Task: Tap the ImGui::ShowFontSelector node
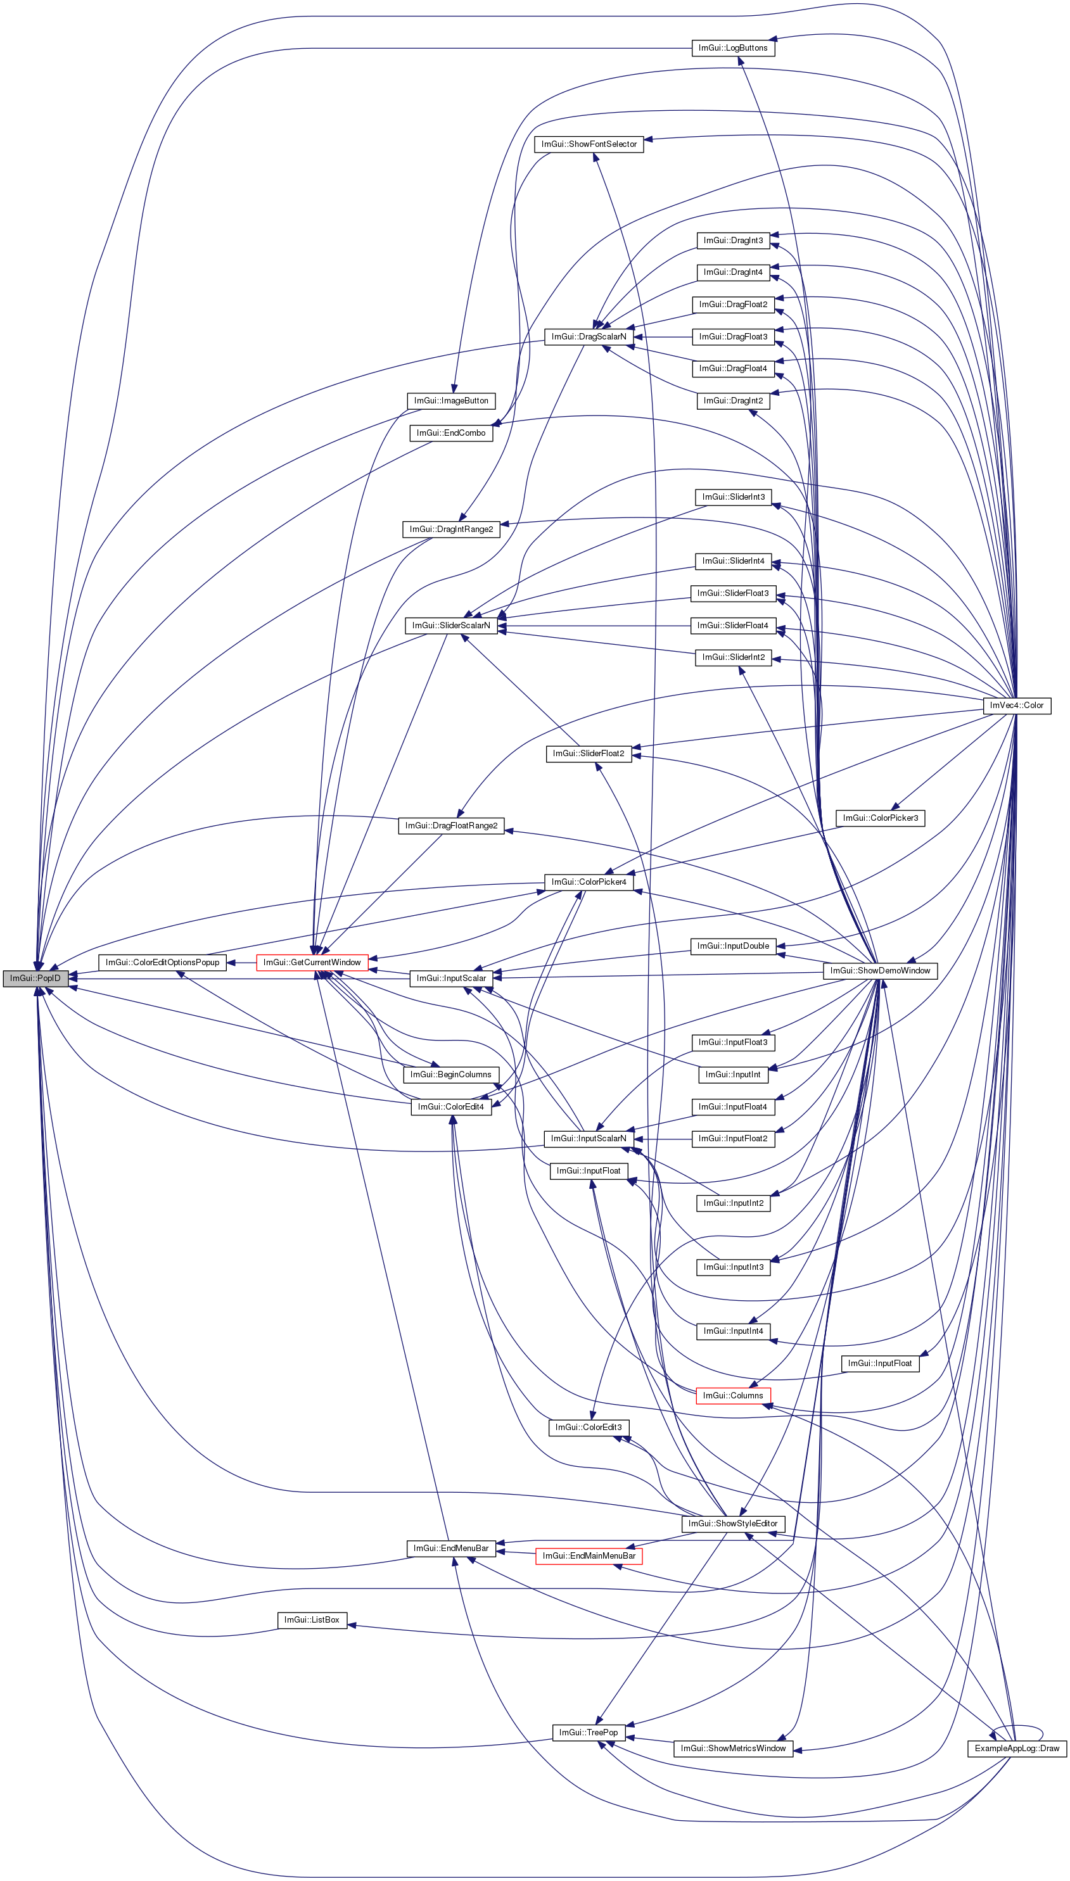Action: tap(589, 144)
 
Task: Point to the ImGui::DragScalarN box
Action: tap(589, 336)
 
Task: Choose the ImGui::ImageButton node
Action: tap(450, 401)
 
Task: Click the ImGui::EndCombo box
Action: tap(450, 433)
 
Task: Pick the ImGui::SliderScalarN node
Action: tap(450, 626)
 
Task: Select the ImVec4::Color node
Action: tap(1016, 705)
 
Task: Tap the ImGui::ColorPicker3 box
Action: tap(880, 818)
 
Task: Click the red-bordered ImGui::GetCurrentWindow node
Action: tap(312, 962)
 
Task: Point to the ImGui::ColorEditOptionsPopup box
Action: tap(162, 962)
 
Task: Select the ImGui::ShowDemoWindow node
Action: tap(880, 971)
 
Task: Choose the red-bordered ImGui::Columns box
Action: tap(733, 1395)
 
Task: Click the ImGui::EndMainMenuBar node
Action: tap(589, 1555)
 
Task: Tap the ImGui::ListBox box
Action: tap(312, 1619)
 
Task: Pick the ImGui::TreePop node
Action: tap(589, 1733)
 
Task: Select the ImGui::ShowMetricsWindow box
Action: tap(733, 1748)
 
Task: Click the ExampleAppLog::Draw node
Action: tap(1016, 1748)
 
